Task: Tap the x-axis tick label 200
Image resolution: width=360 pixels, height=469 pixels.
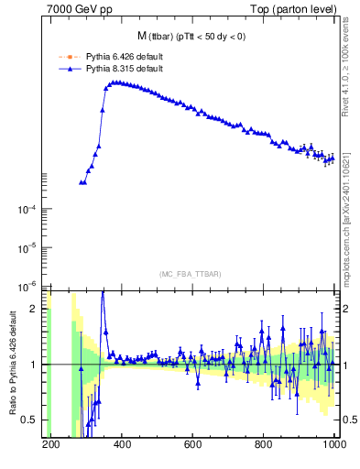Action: click(51, 444)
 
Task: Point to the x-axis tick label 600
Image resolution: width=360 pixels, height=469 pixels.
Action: click(193, 444)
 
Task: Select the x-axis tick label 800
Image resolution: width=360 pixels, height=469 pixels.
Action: click(264, 444)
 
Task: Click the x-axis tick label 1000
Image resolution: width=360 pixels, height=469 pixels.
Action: click(333, 444)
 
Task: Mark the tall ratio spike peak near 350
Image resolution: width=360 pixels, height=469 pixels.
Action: click(103, 291)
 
